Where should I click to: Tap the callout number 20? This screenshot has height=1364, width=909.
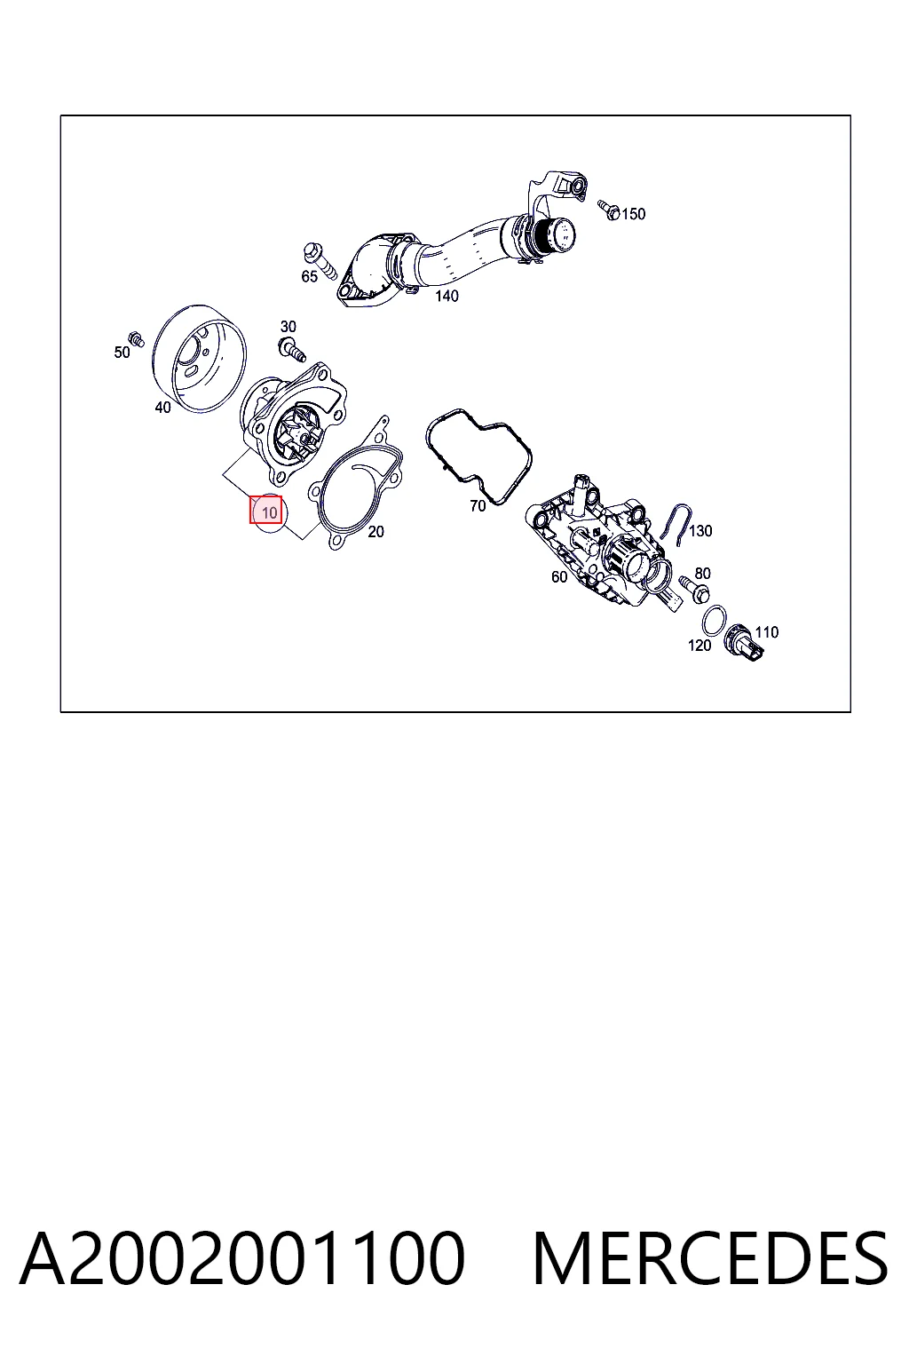(375, 532)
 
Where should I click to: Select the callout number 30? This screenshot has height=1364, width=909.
(288, 327)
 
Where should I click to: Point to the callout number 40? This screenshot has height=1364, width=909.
(162, 408)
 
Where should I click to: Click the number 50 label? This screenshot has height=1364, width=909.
(122, 352)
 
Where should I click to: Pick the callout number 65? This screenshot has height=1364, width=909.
(309, 276)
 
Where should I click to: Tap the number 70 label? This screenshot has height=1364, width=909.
(478, 505)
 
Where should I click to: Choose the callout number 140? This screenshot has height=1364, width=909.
(447, 296)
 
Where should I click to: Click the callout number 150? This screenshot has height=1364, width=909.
(633, 214)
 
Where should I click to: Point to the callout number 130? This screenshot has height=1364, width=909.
(700, 531)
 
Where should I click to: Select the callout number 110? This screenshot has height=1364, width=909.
(767, 632)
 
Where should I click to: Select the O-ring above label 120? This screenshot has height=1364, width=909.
(714, 620)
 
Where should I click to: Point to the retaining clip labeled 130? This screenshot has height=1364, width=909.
(676, 522)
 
